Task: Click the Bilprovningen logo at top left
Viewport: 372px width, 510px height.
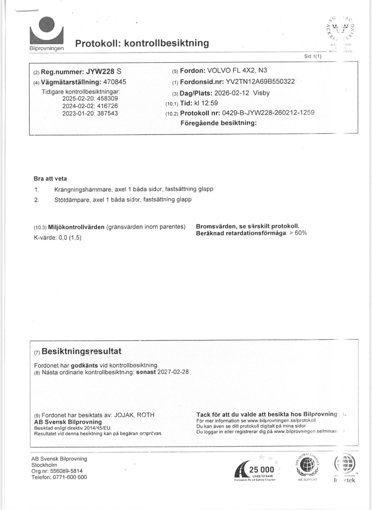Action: coord(46,33)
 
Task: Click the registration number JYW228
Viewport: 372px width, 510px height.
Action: coord(100,71)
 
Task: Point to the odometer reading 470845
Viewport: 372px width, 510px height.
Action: coord(115,82)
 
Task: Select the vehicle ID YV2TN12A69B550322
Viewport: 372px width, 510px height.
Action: coord(260,82)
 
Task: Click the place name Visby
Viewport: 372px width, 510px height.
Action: coord(261,93)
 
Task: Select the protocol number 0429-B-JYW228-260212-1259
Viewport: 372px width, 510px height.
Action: coord(268,113)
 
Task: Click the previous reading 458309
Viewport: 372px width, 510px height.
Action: coord(107,98)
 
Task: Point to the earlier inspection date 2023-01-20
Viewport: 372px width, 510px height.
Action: coord(78,113)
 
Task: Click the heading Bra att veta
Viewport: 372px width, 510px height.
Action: coord(50,179)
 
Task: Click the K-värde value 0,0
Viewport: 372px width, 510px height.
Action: coord(63,238)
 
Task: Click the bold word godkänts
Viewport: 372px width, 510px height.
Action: coord(84,365)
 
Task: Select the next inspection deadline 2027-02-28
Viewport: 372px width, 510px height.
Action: coord(173,372)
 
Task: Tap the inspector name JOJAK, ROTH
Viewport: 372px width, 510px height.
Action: coord(134,415)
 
